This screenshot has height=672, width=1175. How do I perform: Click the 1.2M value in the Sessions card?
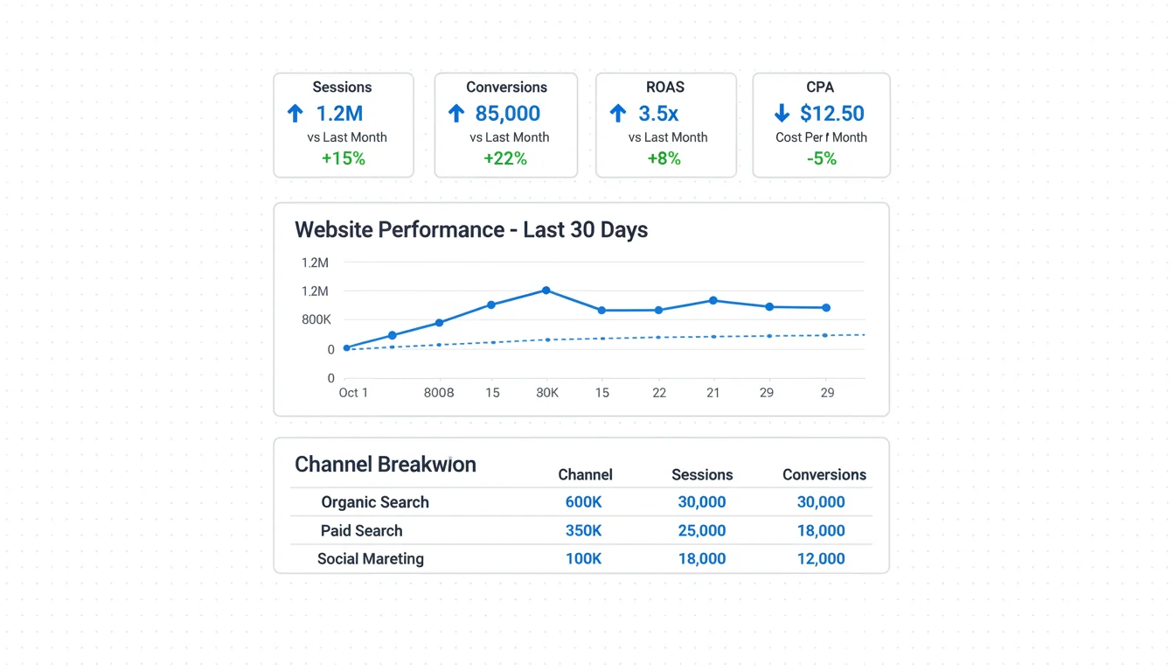point(339,114)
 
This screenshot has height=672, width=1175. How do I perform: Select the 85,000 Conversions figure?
point(507,114)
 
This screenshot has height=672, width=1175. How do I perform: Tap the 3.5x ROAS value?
point(658,114)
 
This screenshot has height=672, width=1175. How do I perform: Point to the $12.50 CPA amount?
point(831,114)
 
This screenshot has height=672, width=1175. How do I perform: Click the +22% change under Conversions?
point(505,158)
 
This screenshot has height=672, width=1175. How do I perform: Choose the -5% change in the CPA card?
point(821,158)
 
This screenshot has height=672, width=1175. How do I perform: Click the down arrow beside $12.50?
point(782,114)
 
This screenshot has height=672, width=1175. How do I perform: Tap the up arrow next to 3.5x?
point(618,114)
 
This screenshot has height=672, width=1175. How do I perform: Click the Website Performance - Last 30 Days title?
point(471,230)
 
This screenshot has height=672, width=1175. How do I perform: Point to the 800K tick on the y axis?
point(316,320)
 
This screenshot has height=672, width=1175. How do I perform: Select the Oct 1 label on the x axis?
point(353,393)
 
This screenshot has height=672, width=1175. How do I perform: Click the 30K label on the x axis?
point(547,393)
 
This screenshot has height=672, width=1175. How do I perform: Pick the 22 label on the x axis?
point(659,393)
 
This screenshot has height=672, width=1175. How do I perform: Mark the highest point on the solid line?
point(546,290)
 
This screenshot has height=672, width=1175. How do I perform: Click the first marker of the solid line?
point(347,348)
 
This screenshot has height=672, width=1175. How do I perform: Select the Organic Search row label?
point(375,502)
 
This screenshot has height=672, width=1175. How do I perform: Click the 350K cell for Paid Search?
point(583,530)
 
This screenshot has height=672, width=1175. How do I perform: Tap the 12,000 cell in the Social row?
point(821,558)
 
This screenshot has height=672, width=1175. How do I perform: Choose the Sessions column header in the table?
point(702,475)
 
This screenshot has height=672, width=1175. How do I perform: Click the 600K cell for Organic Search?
point(583,502)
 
